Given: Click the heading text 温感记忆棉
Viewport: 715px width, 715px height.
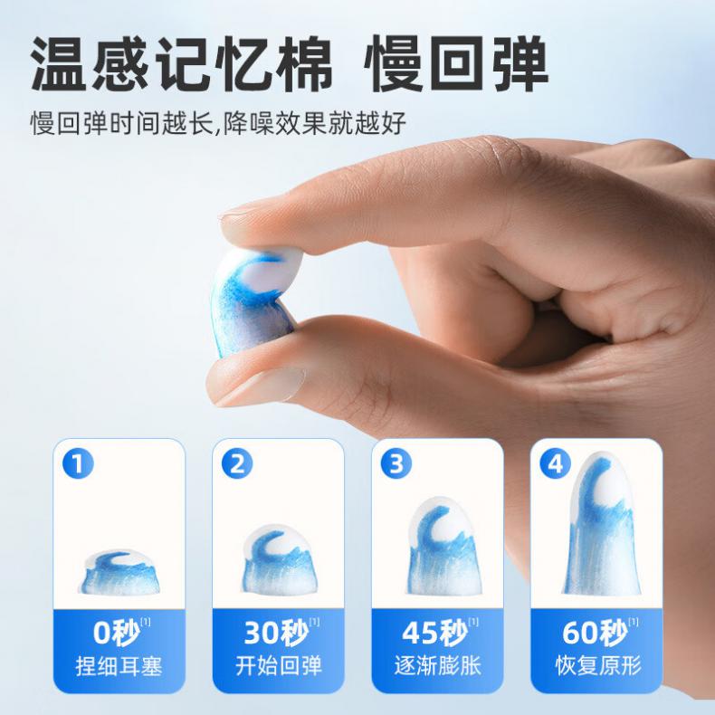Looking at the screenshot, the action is (x=182, y=64).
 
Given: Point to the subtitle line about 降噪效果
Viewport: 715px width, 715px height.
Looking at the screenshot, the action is (x=218, y=122).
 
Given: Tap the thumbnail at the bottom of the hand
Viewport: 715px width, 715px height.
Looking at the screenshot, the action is (x=260, y=382).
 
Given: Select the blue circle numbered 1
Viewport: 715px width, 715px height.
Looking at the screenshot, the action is (x=78, y=464).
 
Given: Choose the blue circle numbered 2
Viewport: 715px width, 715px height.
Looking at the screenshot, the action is (x=237, y=464).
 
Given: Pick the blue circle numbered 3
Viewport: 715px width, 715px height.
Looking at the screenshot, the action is (x=396, y=464).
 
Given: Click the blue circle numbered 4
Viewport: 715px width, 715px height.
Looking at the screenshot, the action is (x=555, y=464).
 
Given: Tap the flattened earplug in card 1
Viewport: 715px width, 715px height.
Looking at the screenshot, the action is (x=120, y=572).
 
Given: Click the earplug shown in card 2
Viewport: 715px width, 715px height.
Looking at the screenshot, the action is (x=280, y=560).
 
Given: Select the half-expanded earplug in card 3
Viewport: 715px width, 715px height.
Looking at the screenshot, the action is (x=438, y=547).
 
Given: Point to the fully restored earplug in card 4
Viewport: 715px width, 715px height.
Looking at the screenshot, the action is (x=599, y=523).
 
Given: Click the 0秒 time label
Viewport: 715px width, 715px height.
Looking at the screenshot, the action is (x=116, y=633).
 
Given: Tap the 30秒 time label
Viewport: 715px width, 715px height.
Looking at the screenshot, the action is (x=276, y=633).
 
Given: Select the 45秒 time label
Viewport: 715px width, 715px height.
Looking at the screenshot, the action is (x=435, y=633).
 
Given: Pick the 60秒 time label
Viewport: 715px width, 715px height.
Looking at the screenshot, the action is (x=595, y=633).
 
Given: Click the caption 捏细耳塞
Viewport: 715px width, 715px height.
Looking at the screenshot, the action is (x=119, y=667).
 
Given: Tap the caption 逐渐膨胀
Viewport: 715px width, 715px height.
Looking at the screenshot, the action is (x=438, y=666).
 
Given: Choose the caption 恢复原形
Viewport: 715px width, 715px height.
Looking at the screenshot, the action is (x=598, y=666).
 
